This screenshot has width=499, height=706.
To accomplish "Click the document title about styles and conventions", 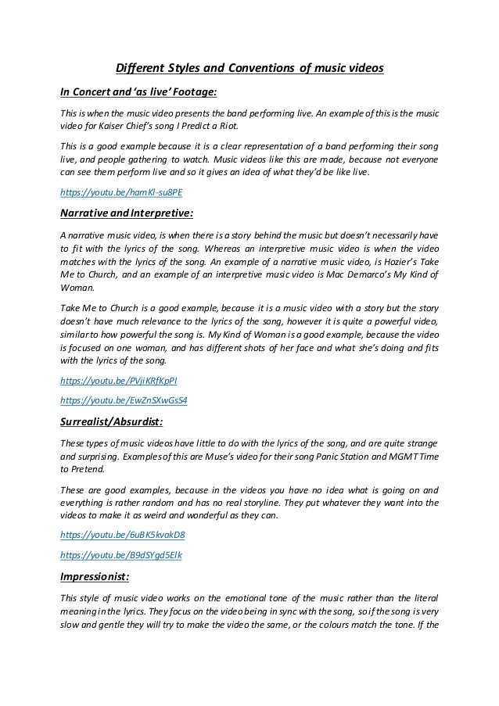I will [x=249, y=68].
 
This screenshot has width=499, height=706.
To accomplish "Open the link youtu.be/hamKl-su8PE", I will [x=114, y=190].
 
